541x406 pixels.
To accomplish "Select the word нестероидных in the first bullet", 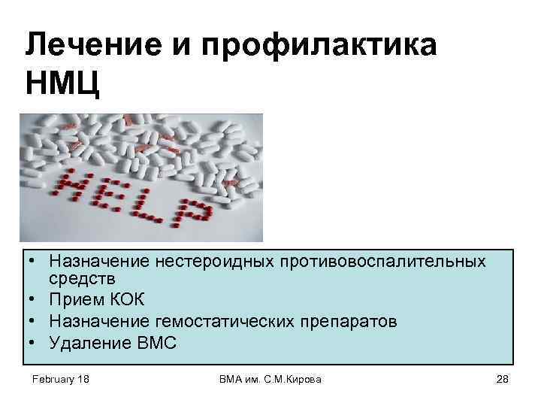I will [207, 264].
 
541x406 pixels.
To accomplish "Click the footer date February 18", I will [60, 380].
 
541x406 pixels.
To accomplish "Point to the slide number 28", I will [503, 380].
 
